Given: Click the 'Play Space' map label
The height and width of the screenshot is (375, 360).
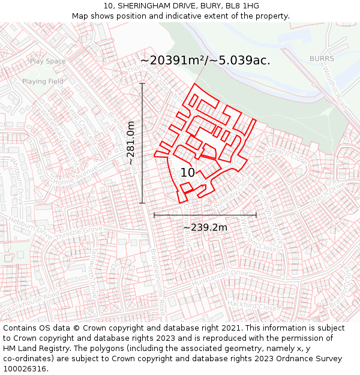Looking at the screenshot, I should point(47,61).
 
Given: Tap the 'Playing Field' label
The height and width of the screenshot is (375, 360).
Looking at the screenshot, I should point(43,81).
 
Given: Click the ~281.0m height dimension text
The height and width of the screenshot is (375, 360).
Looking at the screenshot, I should point(131,143).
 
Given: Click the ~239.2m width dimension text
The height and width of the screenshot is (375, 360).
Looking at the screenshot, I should point(205,227).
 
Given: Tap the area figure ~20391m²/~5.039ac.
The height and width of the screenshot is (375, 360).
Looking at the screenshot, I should point(205,61).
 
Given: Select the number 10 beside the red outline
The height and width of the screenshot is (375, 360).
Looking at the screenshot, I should point(187,173).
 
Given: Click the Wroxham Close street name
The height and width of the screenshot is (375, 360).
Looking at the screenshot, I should point(250,234).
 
